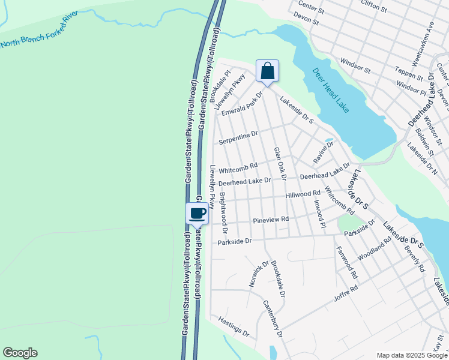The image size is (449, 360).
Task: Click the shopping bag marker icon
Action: (267, 71)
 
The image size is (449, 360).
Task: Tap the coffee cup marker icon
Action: (197, 213)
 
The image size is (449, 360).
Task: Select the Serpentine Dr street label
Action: (238, 137)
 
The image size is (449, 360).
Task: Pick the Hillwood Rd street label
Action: (303, 194)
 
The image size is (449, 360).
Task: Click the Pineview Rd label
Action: (271, 220)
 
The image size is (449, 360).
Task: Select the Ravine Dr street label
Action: (323, 153)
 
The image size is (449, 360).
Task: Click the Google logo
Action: (20, 353)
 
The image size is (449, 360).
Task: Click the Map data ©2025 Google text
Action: (412, 355)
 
